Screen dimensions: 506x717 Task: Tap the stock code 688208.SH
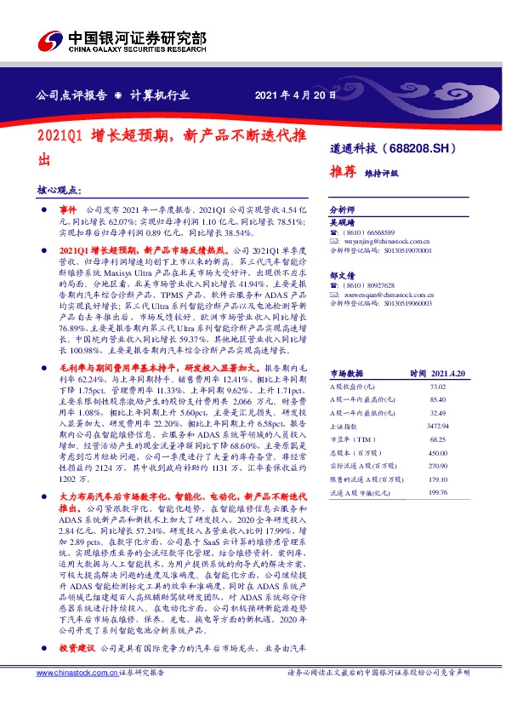(439, 147)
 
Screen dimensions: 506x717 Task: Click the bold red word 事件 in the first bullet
(68, 209)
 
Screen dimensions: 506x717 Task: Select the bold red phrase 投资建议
(78, 671)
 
